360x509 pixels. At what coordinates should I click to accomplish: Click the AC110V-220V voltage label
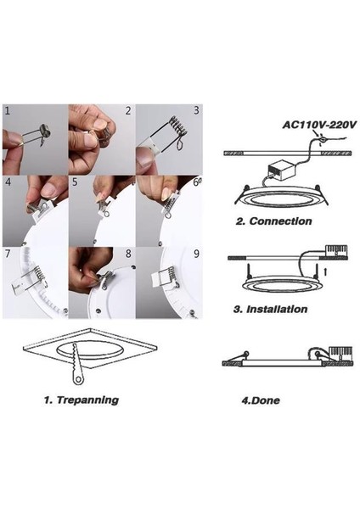tap(319, 125)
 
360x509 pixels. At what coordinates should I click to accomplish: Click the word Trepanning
tap(87, 400)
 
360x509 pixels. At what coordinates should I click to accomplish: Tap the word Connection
tap(280, 221)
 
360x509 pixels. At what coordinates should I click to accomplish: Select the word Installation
tap(277, 309)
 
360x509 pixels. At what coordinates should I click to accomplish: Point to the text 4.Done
tap(261, 400)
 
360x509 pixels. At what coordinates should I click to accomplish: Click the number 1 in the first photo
tap(8, 110)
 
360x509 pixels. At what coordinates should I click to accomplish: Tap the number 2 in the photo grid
tap(128, 110)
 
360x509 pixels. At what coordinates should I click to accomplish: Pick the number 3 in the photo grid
tap(196, 110)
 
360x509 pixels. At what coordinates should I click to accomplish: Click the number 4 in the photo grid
tap(8, 182)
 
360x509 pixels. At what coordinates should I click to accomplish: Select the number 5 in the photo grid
tap(75, 182)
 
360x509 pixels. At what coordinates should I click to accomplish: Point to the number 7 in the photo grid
tap(8, 254)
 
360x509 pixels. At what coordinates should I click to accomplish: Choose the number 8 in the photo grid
tap(128, 254)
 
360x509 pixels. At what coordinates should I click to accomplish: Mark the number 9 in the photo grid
tap(196, 254)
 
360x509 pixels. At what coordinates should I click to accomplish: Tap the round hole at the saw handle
tap(78, 379)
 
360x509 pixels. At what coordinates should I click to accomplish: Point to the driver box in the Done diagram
tap(340, 353)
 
